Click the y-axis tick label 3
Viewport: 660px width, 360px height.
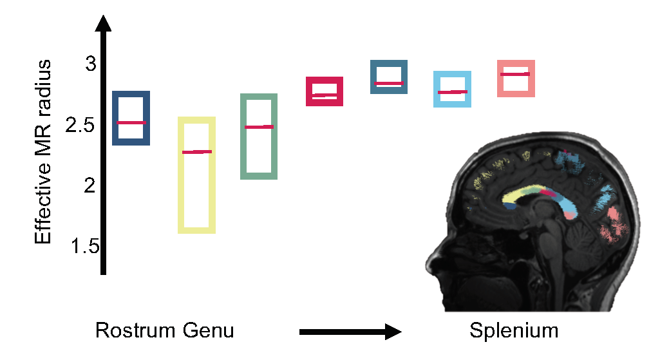point(90,64)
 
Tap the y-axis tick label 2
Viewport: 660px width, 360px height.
point(90,185)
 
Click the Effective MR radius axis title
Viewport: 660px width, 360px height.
point(42,152)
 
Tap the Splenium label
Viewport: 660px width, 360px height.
point(513,331)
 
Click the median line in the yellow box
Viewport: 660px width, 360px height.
point(196,152)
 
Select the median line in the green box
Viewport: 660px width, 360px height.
point(259,127)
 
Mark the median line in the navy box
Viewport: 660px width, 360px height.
point(131,122)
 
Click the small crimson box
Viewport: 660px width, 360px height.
point(324,91)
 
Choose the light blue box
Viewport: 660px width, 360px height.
point(452,89)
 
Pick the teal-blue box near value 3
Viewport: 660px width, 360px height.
point(389,77)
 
